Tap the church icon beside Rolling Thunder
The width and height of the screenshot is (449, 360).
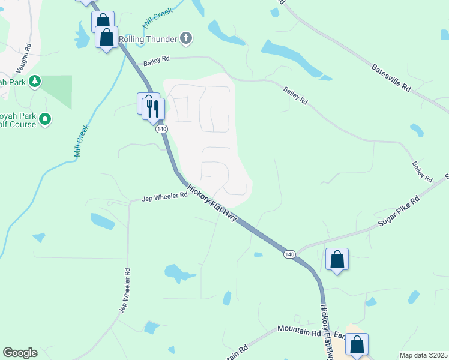[186, 39]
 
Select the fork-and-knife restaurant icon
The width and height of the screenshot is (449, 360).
[153, 108]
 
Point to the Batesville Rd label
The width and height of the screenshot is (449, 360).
[391, 77]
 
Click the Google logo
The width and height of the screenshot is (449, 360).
[20, 353]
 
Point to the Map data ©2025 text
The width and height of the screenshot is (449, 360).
[423, 355]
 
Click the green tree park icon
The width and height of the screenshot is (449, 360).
[35, 81]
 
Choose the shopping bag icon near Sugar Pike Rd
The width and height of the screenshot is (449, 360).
[337, 260]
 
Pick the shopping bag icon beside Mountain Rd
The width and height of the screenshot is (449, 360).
[357, 345]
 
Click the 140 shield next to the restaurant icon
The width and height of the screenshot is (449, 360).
[161, 129]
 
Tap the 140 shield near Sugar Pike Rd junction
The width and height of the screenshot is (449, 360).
[289, 254]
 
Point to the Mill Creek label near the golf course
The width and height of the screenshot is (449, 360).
[82, 140]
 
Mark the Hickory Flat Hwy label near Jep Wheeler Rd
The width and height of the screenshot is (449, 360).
[212, 205]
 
